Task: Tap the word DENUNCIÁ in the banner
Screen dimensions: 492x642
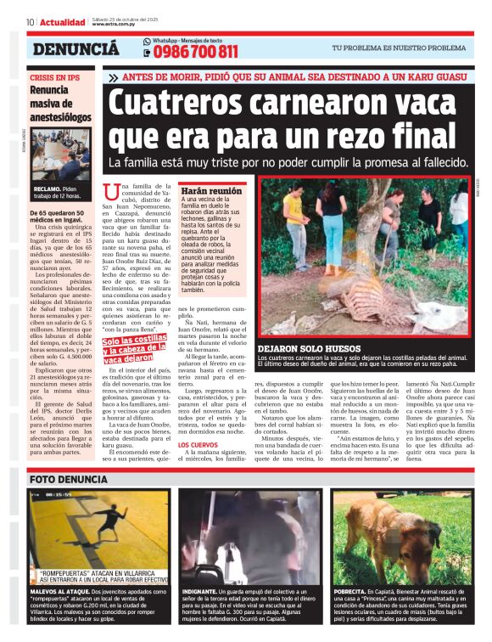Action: pos(75,49)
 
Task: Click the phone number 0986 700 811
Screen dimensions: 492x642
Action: pos(196,53)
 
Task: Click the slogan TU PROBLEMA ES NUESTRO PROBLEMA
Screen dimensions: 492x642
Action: pos(398,48)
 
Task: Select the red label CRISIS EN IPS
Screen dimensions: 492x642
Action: pos(54,77)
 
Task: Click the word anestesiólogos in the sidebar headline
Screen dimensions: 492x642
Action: pos(60,116)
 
